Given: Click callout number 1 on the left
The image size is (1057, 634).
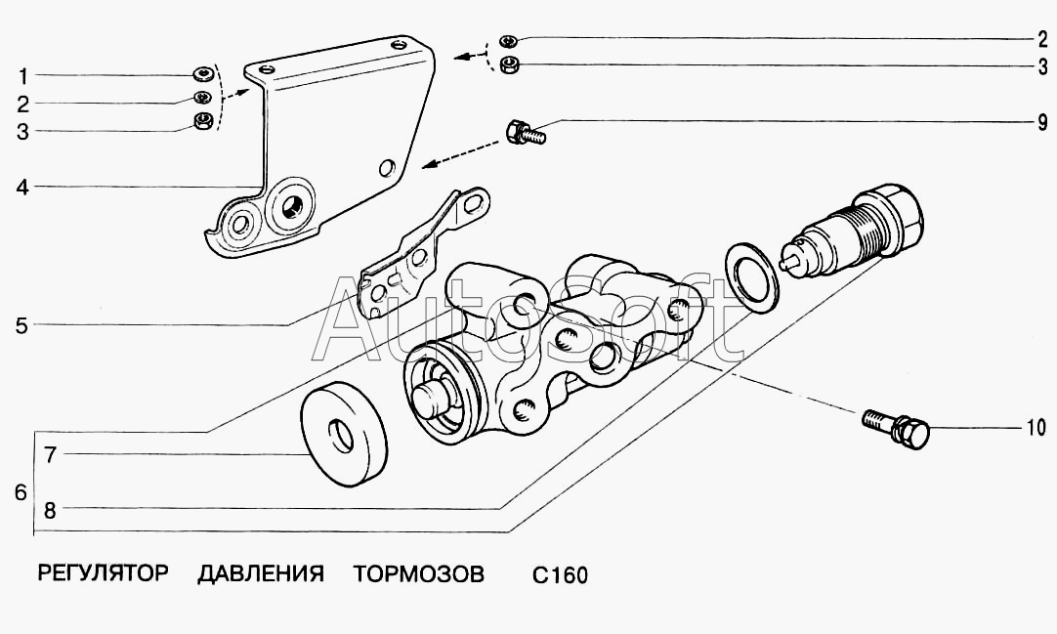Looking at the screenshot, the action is (22, 75).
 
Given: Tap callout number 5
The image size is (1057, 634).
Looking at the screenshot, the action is (21, 325).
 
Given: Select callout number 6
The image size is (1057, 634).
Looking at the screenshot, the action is (21, 492).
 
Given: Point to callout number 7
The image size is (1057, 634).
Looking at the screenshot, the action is (50, 454).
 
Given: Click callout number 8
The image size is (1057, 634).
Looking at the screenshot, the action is (50, 508).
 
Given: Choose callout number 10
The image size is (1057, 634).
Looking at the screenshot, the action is (1036, 427).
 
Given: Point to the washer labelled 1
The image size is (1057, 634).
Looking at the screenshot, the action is (202, 74).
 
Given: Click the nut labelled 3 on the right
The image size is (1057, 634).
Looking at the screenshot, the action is (508, 65).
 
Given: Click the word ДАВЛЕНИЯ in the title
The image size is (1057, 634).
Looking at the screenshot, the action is (260, 573).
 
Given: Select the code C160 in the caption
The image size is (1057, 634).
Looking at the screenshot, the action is (560, 575).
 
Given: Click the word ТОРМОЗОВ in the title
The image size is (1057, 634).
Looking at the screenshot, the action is (418, 573).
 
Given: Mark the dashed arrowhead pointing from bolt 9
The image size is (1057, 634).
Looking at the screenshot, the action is (427, 165).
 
